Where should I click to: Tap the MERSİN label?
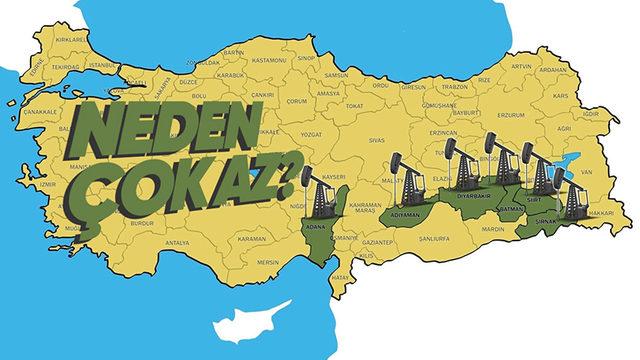pyautogui.click(x=267, y=263)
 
